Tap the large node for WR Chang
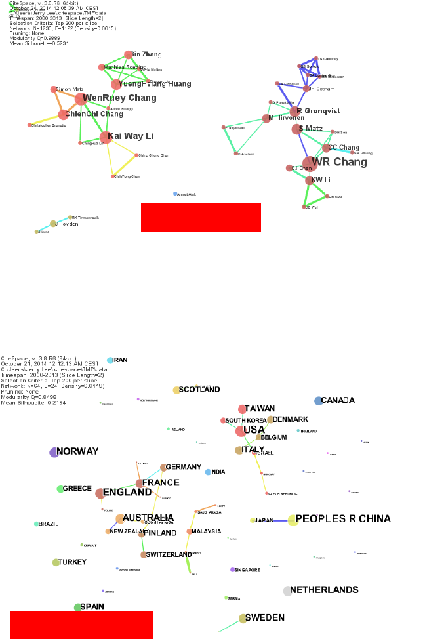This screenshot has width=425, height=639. point(309,163)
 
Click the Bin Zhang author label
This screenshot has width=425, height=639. point(146,54)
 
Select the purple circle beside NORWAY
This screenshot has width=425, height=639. point(54,452)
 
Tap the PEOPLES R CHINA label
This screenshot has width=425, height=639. point(343,519)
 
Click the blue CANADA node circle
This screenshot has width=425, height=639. point(318,400)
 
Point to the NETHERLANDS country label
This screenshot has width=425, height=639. point(324,590)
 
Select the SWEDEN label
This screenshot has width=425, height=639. point(265,618)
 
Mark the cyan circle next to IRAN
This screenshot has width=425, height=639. point(110,360)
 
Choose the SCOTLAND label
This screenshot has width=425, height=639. point(199,390)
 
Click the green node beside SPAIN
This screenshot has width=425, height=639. point(77,608)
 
